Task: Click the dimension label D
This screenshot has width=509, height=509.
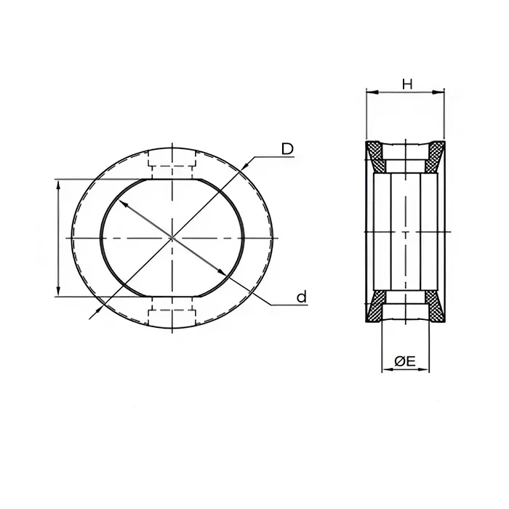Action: click(x=287, y=149)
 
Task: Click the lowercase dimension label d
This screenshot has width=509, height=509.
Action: click(x=301, y=297)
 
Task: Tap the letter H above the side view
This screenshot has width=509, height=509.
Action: click(x=407, y=84)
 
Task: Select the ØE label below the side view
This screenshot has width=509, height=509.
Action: click(x=405, y=361)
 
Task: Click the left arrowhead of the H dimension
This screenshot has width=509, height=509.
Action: click(x=369, y=92)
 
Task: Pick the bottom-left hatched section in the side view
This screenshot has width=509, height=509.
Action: click(x=375, y=308)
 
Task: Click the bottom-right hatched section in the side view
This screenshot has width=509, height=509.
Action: click(x=436, y=308)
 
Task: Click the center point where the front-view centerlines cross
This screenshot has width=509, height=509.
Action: click(x=172, y=238)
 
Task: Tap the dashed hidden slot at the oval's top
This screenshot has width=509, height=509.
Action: click(x=172, y=164)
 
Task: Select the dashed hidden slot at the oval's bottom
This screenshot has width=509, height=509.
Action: click(x=172, y=313)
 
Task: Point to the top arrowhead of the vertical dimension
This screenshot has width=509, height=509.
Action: click(x=57, y=183)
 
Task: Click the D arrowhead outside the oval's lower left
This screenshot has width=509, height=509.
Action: click(x=92, y=315)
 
